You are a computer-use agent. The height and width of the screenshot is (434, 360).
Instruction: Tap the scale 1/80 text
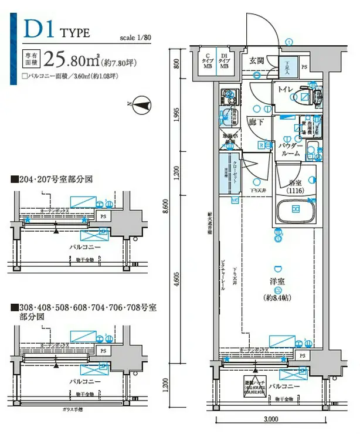pyautogui.click(x=136, y=36)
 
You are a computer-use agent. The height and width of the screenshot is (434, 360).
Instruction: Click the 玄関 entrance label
pyautogui.click(x=256, y=60)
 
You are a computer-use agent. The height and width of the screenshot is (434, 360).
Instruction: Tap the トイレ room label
pyautogui.click(x=286, y=89)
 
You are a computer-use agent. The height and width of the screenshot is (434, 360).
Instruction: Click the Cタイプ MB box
pyautogui.click(x=208, y=62)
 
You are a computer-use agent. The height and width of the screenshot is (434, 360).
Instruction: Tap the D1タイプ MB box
pyautogui.click(x=225, y=62)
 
